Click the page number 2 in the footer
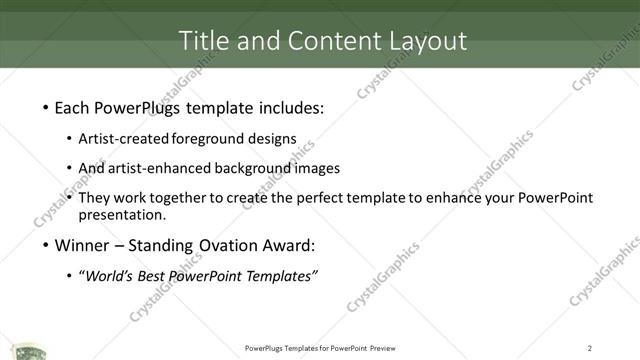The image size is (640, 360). coord(590,348)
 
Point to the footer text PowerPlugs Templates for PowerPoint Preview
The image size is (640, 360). coord(319,348)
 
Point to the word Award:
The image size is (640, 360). coord(287,245)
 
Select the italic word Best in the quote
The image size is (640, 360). coord(157,276)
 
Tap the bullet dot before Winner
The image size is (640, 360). coord(46,245)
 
